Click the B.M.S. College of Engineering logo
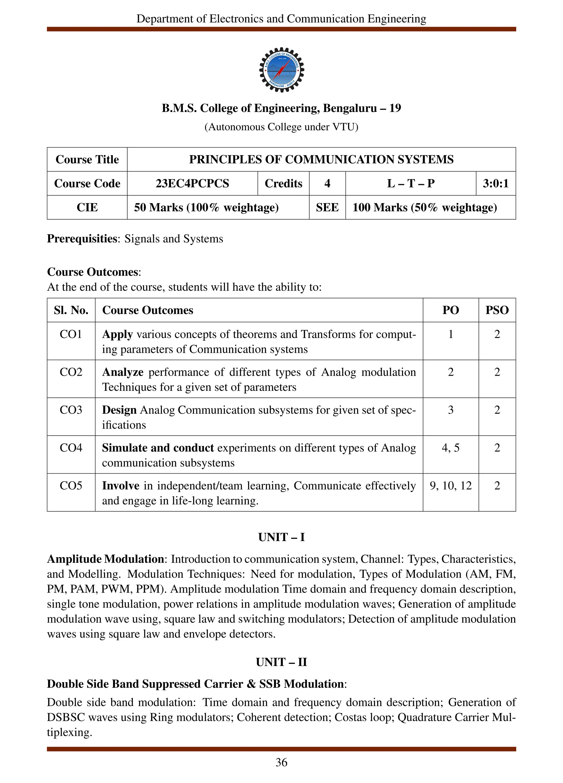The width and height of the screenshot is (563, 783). tap(281, 70)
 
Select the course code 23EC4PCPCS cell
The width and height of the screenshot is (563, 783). tap(192, 183)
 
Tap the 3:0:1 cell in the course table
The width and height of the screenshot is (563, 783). tap(495, 183)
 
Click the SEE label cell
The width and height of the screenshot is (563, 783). tap(327, 208)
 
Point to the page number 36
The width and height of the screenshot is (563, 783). tap(281, 762)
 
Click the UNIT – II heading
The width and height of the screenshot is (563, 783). tap(281, 662)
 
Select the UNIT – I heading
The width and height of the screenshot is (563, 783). tap(281, 537)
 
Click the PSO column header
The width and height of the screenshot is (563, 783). tap(497, 310)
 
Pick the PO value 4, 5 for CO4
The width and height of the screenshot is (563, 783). tap(450, 448)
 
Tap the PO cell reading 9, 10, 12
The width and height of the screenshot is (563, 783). tap(450, 486)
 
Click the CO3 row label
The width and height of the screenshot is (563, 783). tap(71, 410)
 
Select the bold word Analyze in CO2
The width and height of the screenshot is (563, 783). tap(123, 372)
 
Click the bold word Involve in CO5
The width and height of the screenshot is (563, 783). tap(121, 486)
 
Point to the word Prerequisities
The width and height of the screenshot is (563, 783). tap(82, 239)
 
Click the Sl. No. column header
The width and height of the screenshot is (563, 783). tap(71, 310)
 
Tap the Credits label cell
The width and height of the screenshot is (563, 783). tap(283, 183)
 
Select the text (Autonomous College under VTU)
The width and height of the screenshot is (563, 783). tap(281, 127)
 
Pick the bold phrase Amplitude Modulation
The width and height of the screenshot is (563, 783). tap(105, 559)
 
